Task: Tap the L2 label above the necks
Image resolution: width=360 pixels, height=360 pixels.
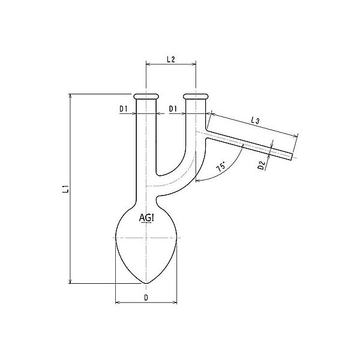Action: tap(170, 60)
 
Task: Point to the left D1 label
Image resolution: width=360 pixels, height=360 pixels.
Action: tap(124, 109)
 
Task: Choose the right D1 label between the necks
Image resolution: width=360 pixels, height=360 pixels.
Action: tap(173, 109)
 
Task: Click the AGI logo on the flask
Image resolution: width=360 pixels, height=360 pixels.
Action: tap(146, 218)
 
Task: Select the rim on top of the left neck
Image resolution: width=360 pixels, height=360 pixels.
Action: tap(146, 95)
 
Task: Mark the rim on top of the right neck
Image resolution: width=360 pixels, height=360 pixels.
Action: tap(196, 95)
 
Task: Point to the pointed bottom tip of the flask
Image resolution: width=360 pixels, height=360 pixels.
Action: tap(146, 283)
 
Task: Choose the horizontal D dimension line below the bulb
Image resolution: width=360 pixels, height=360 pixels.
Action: tap(146, 302)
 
